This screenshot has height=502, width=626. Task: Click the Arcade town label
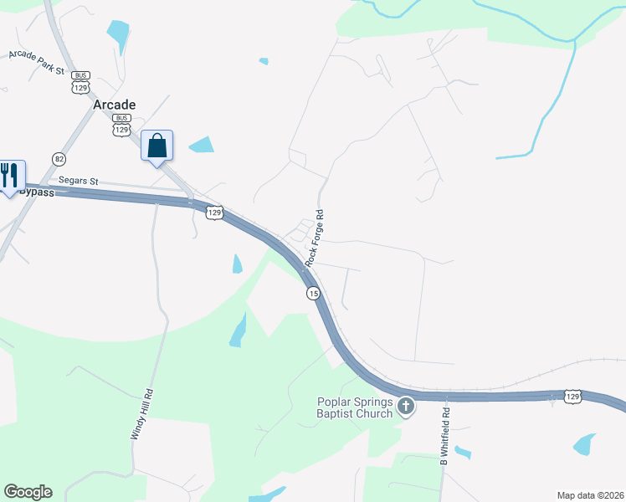pyautogui.click(x=114, y=105)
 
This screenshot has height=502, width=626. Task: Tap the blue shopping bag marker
pyautogui.click(x=156, y=146)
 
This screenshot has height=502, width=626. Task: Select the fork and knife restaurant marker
pyautogui.click(x=9, y=176)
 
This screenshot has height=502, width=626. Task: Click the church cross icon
pyautogui.click(x=406, y=407)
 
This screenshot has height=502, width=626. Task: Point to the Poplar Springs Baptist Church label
pyautogui.click(x=354, y=407)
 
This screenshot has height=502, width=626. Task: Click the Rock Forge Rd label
pyautogui.click(x=315, y=238)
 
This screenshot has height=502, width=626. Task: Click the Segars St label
pyautogui.click(x=79, y=181)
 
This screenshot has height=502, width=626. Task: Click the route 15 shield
pyautogui.click(x=313, y=293)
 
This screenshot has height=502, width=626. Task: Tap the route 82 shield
pyautogui.click(x=59, y=158)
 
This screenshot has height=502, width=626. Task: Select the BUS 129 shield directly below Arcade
pyautogui.click(x=122, y=125)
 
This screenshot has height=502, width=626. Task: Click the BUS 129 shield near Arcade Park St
pyautogui.click(x=81, y=81)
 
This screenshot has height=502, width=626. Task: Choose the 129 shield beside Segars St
pyautogui.click(x=214, y=213)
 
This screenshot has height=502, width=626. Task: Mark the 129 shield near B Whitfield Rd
pyautogui.click(x=572, y=396)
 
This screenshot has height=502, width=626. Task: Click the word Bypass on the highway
pyautogui.click(x=38, y=192)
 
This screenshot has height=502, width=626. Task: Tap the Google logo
pyautogui.click(x=28, y=492)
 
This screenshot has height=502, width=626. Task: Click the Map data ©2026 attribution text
pyautogui.click(x=590, y=495)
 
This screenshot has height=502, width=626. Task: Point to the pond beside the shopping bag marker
pyautogui.click(x=201, y=145)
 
